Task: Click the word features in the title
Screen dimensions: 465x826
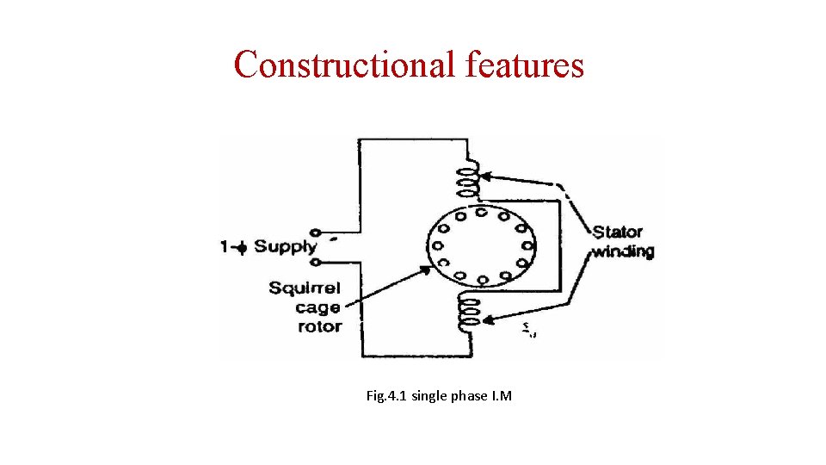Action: coord(525,65)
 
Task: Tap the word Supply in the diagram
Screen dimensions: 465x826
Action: coord(285,247)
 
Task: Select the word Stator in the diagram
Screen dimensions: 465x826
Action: coord(618,232)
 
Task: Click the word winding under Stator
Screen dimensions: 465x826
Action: coord(623,251)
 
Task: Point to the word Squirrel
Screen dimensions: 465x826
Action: coord(305,288)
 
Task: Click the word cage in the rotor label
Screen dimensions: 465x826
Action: coord(317,307)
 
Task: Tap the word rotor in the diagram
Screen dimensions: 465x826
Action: coord(319,326)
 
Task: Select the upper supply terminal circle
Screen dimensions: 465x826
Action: coord(316,233)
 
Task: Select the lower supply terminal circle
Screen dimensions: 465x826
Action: coord(316,261)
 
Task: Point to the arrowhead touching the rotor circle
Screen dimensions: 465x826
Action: coord(425,268)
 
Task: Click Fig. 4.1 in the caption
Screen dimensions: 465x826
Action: coord(386,396)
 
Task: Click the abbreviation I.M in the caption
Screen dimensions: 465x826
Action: coord(501,396)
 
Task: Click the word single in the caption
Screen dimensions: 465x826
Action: coord(428,396)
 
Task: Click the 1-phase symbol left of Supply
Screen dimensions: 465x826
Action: coord(233,248)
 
